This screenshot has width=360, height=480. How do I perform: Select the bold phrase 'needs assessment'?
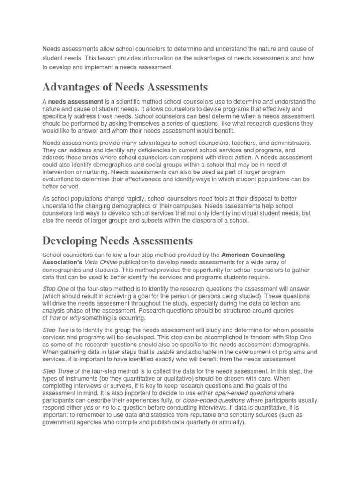(75, 102)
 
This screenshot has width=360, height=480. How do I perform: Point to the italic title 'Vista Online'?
(102, 262)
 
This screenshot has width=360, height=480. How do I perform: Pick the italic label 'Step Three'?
(58, 372)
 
